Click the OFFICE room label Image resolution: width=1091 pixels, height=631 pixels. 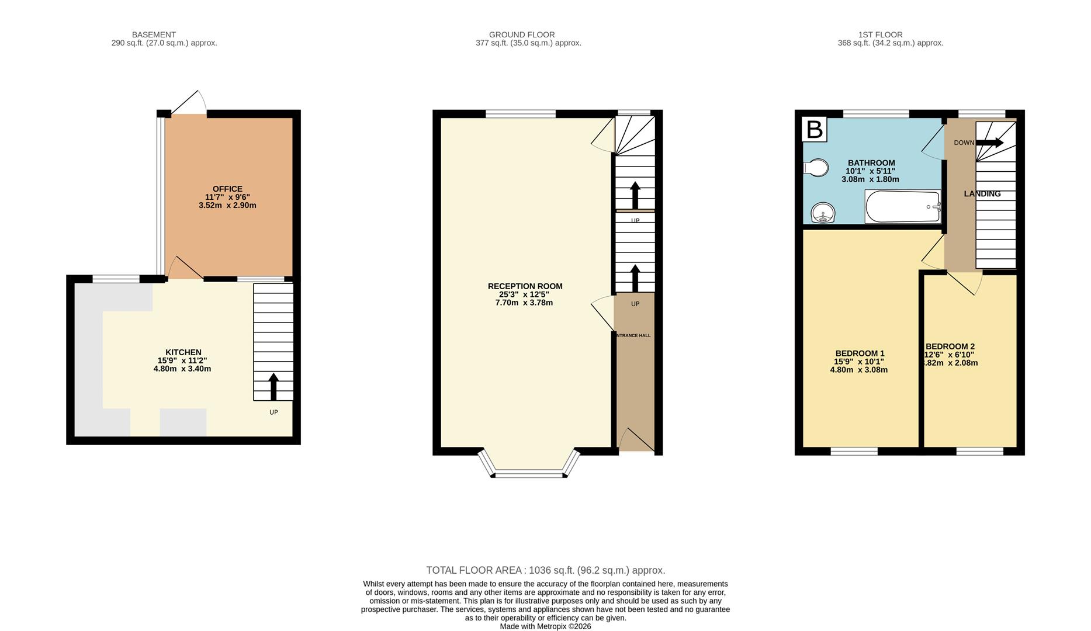(227, 189)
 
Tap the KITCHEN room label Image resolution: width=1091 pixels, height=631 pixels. (183, 352)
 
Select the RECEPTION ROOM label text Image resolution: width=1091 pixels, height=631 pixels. (525, 286)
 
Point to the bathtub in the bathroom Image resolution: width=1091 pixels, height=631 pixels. (902, 207)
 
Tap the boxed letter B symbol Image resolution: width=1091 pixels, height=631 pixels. (815, 130)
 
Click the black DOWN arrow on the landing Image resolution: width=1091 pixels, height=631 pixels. (989, 143)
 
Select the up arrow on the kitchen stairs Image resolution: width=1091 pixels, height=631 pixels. (273, 387)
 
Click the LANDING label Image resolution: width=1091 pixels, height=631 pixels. (982, 194)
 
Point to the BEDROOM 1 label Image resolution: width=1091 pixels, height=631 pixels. (860, 353)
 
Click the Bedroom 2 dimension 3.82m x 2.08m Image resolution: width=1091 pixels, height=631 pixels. (950, 363)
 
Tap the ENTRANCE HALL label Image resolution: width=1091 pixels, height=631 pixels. (633, 335)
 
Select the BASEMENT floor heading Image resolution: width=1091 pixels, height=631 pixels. (154, 34)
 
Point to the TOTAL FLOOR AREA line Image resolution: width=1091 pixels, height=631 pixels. (545, 570)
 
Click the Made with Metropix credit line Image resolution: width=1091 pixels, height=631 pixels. (545, 626)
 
